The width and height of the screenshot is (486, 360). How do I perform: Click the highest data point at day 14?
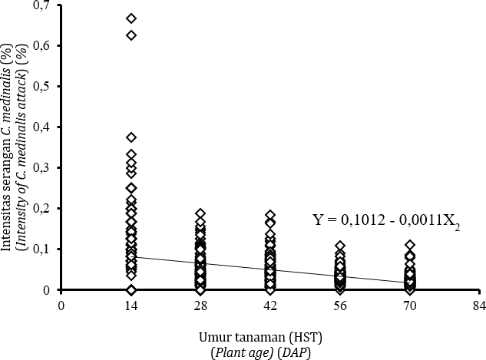131,18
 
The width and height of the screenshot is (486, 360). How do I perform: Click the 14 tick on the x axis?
131,305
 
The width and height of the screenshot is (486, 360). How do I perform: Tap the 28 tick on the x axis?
200,305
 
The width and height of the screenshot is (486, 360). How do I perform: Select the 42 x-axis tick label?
270,305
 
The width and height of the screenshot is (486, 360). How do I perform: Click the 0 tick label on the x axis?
61,305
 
